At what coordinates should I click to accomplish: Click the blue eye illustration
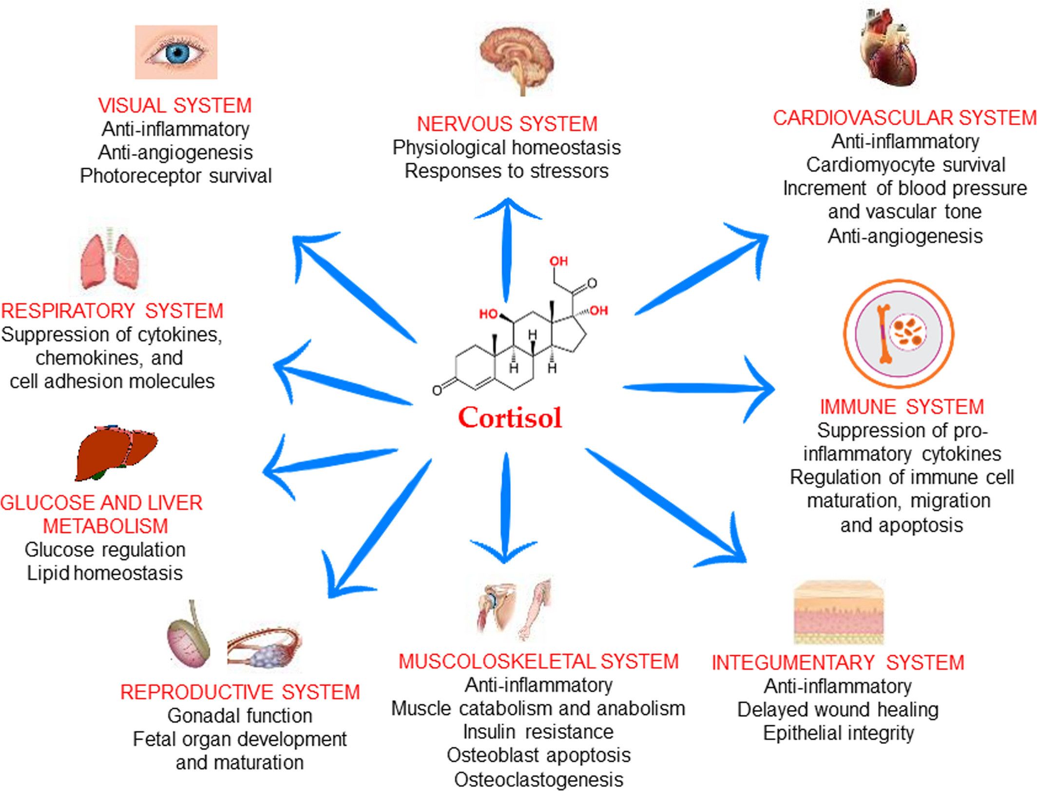tap(176, 53)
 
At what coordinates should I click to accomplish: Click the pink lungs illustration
tap(111, 260)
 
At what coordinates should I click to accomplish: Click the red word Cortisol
tap(510, 418)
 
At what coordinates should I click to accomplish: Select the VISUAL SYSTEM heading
tap(175, 106)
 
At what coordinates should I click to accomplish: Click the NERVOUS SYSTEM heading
tap(507, 124)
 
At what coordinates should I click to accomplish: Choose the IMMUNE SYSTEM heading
tap(902, 407)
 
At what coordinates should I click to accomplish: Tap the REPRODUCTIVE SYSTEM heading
tap(240, 692)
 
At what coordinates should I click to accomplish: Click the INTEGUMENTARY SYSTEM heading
tap(838, 662)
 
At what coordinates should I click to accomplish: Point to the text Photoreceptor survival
tap(175, 176)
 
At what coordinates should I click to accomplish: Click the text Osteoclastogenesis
tap(538, 780)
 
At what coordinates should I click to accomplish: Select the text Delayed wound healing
tap(838, 710)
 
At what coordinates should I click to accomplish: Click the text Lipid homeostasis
tap(105, 573)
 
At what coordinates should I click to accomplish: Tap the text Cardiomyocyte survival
tap(905, 165)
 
